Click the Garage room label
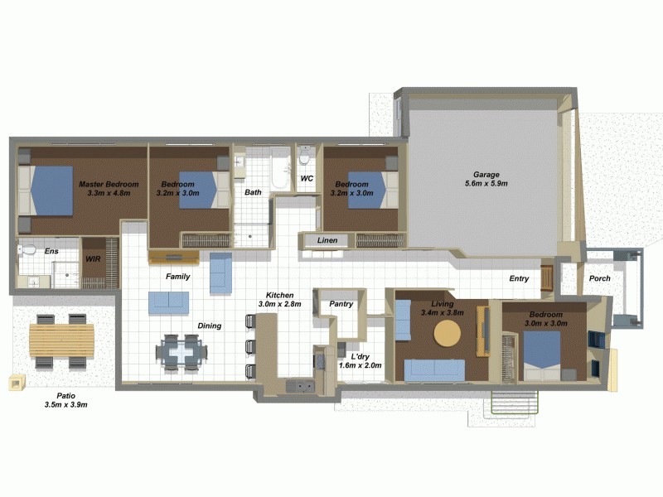click(x=486, y=179)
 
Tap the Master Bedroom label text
click(x=109, y=188)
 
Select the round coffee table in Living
click(x=448, y=334)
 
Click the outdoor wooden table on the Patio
click(x=61, y=339)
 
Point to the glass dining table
click(x=180, y=352)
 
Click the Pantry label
click(x=341, y=304)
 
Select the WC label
click(x=306, y=178)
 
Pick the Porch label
click(x=599, y=278)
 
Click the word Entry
click(x=519, y=278)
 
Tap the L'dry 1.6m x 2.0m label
click(x=359, y=360)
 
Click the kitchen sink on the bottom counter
click(x=298, y=384)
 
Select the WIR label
click(x=93, y=259)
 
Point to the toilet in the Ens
click(x=27, y=248)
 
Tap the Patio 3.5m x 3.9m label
click(x=65, y=401)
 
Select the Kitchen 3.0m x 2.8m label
click(x=282, y=300)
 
